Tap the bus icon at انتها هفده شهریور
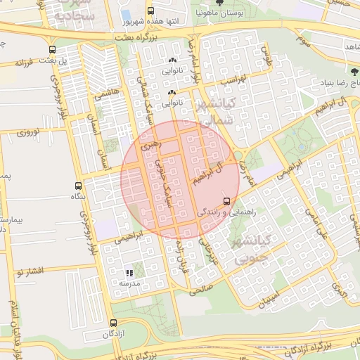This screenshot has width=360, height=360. [150, 11]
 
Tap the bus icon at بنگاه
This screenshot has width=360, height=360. [77, 186]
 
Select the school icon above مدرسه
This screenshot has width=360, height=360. [129, 273]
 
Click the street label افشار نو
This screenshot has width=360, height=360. [32, 271]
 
